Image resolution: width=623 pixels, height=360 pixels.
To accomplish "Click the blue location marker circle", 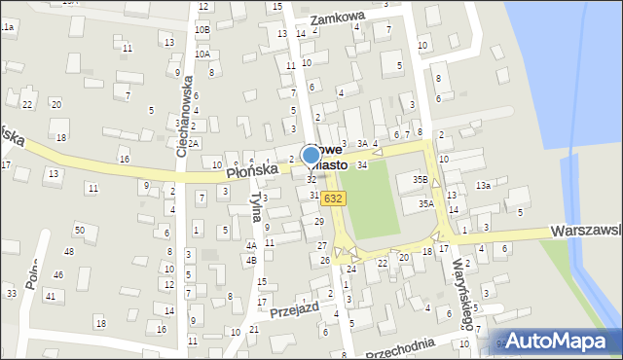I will click(x=311, y=155).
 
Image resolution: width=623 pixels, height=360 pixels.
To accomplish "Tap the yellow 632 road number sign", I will click(x=334, y=198).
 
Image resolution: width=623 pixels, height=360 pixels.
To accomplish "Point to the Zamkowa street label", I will click(x=336, y=18).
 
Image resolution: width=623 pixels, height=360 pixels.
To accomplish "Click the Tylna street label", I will click(x=256, y=205).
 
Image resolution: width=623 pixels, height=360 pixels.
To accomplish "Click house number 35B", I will click(x=420, y=179).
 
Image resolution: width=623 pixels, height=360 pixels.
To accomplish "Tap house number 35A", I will click(x=426, y=203).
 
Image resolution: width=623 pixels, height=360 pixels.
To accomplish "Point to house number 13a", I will click(x=482, y=185).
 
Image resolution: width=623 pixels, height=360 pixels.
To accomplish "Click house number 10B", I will click(x=202, y=30).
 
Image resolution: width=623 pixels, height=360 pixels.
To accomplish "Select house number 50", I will click(x=80, y=229).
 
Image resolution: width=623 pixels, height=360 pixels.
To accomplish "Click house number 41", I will click(x=51, y=294).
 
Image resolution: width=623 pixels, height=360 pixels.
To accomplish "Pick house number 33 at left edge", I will click(x=12, y=293).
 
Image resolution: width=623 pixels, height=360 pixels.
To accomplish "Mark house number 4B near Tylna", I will click(x=250, y=260).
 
